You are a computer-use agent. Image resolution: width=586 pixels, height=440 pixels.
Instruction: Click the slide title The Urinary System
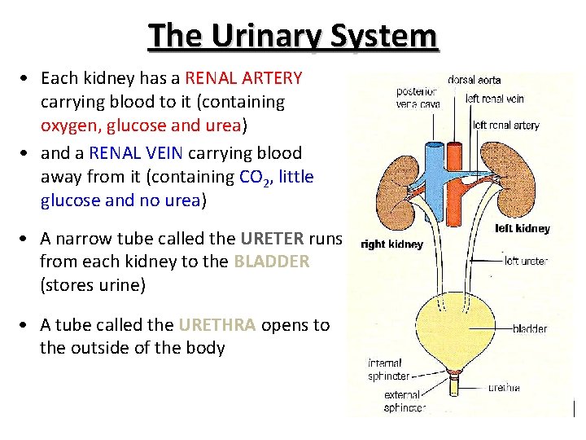293,36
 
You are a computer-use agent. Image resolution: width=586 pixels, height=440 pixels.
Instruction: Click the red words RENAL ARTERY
243,78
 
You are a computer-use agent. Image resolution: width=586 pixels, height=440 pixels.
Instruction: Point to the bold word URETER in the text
271,238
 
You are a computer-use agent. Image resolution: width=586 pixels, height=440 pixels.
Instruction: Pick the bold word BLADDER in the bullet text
271,262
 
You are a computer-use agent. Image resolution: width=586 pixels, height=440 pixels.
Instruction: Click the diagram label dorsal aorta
474,81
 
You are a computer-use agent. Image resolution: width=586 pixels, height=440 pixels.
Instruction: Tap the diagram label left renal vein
495,99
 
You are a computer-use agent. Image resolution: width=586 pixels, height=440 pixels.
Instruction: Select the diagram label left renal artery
505,125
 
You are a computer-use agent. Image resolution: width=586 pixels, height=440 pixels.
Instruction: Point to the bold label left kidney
523,229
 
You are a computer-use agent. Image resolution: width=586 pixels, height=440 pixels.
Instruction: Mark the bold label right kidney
391,244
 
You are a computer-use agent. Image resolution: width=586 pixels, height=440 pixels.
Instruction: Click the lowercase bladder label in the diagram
530,329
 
